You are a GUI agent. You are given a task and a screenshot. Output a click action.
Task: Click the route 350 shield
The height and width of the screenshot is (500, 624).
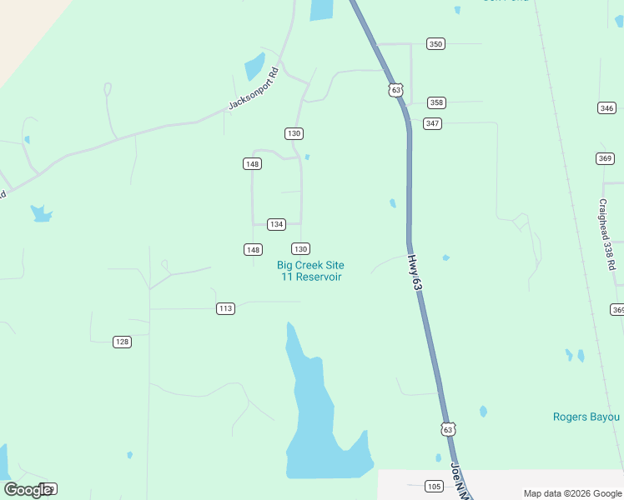click(x=435, y=43)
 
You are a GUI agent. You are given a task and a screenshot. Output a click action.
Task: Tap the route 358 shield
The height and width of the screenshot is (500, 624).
click(x=436, y=102)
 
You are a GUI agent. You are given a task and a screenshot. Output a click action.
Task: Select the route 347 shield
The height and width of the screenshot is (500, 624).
click(x=431, y=123)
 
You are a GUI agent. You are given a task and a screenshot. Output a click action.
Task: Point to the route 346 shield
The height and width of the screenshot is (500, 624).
click(x=606, y=108)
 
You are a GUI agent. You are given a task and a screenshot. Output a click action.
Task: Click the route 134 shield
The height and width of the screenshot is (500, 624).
click(x=277, y=224)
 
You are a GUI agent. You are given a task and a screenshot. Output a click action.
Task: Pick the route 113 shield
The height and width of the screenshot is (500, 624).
click(x=225, y=308)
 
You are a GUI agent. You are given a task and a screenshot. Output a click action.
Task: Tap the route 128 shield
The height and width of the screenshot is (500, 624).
click(x=123, y=342)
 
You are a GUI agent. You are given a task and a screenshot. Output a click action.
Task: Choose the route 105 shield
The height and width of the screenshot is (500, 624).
click(x=434, y=486)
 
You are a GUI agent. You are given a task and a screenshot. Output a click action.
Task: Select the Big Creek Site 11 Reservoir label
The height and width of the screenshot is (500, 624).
click(x=310, y=271)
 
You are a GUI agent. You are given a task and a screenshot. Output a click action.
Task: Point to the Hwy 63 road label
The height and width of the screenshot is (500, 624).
click(x=415, y=272)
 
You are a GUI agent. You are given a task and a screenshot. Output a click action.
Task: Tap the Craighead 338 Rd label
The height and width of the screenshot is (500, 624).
click(x=608, y=234)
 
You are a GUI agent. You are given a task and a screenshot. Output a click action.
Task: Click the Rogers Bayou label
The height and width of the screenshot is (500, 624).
click(x=586, y=417)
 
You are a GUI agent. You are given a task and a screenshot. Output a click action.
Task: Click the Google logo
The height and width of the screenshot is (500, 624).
click(x=28, y=490)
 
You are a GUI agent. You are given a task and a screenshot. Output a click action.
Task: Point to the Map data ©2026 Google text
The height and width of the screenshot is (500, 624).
click(x=571, y=493)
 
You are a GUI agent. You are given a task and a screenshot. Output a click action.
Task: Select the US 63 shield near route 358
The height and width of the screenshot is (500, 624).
click(x=395, y=90)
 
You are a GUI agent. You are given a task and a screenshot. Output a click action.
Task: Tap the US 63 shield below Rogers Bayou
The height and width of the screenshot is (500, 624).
click(x=449, y=429)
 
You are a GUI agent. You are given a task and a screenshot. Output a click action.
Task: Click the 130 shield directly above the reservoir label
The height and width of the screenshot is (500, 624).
click(x=300, y=249)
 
